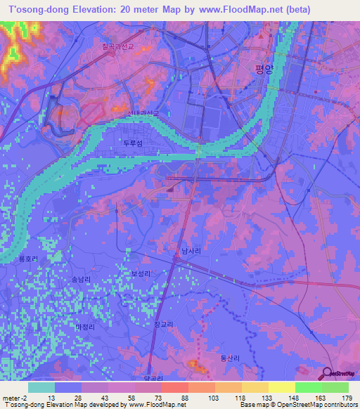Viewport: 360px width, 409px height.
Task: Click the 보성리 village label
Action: point(141,273)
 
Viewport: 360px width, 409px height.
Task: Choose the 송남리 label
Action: point(82,279)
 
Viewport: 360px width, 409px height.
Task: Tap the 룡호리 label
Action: point(27,259)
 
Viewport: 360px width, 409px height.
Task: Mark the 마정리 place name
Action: point(84,327)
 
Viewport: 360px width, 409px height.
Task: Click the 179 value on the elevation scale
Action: point(347,398)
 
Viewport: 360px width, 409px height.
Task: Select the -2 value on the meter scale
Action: point(23,398)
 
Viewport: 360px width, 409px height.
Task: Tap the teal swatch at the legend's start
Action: point(41,387)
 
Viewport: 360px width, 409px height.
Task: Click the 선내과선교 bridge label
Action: point(143,112)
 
